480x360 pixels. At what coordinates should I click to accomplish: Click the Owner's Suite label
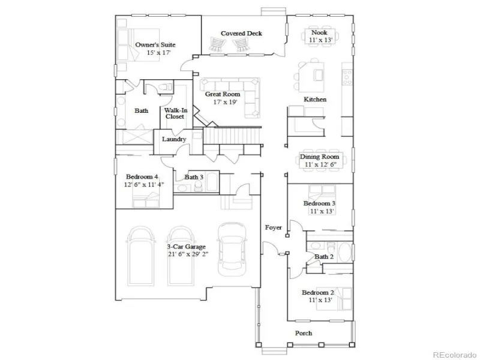pyautogui.click(x=155, y=44)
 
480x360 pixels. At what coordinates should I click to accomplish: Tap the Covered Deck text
pyautogui.click(x=241, y=34)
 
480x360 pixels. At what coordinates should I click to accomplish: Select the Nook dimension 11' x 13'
pyautogui.click(x=320, y=40)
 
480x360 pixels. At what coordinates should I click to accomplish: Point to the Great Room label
pyautogui.click(x=223, y=94)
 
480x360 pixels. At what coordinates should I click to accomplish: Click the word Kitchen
pyautogui.click(x=315, y=100)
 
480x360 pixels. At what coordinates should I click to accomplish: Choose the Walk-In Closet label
pyautogui.click(x=175, y=113)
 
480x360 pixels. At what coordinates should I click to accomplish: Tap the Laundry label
pyautogui.click(x=174, y=139)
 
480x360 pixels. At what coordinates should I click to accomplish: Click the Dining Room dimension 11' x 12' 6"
pyautogui.click(x=320, y=164)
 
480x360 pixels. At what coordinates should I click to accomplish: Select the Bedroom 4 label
pyautogui.click(x=142, y=176)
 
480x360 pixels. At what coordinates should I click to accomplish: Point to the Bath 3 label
pyautogui.click(x=194, y=177)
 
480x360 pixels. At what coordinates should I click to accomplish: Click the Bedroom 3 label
pyautogui.click(x=319, y=203)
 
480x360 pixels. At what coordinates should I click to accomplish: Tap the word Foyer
pyautogui.click(x=274, y=227)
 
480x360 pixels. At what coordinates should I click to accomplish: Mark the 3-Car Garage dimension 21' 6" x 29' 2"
pyautogui.click(x=188, y=254)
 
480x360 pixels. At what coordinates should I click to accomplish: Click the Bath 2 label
pyautogui.click(x=324, y=257)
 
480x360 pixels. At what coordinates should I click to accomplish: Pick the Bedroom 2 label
pyautogui.click(x=318, y=292)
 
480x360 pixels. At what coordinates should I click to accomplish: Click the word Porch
pyautogui.click(x=304, y=333)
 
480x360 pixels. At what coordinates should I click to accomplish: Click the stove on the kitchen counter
pyautogui.click(x=348, y=77)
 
